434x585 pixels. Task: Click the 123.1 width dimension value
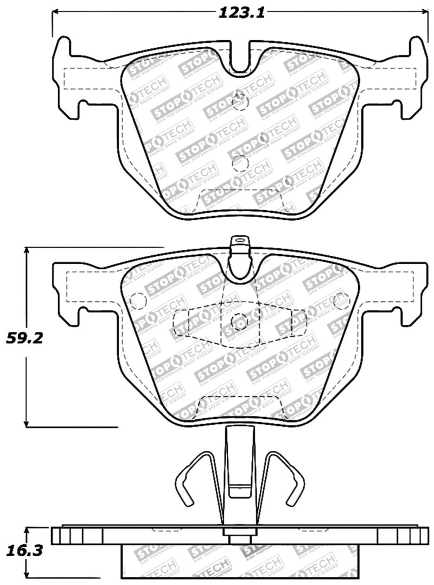coord(241,14)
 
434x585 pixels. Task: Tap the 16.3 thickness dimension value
coord(24,552)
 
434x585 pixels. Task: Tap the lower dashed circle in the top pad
coord(239,162)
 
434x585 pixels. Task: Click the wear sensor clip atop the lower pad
coord(239,244)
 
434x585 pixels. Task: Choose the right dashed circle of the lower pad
coord(341,300)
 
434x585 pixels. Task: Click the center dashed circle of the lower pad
coord(239,322)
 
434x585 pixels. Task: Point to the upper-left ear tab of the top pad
coord(64,52)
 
